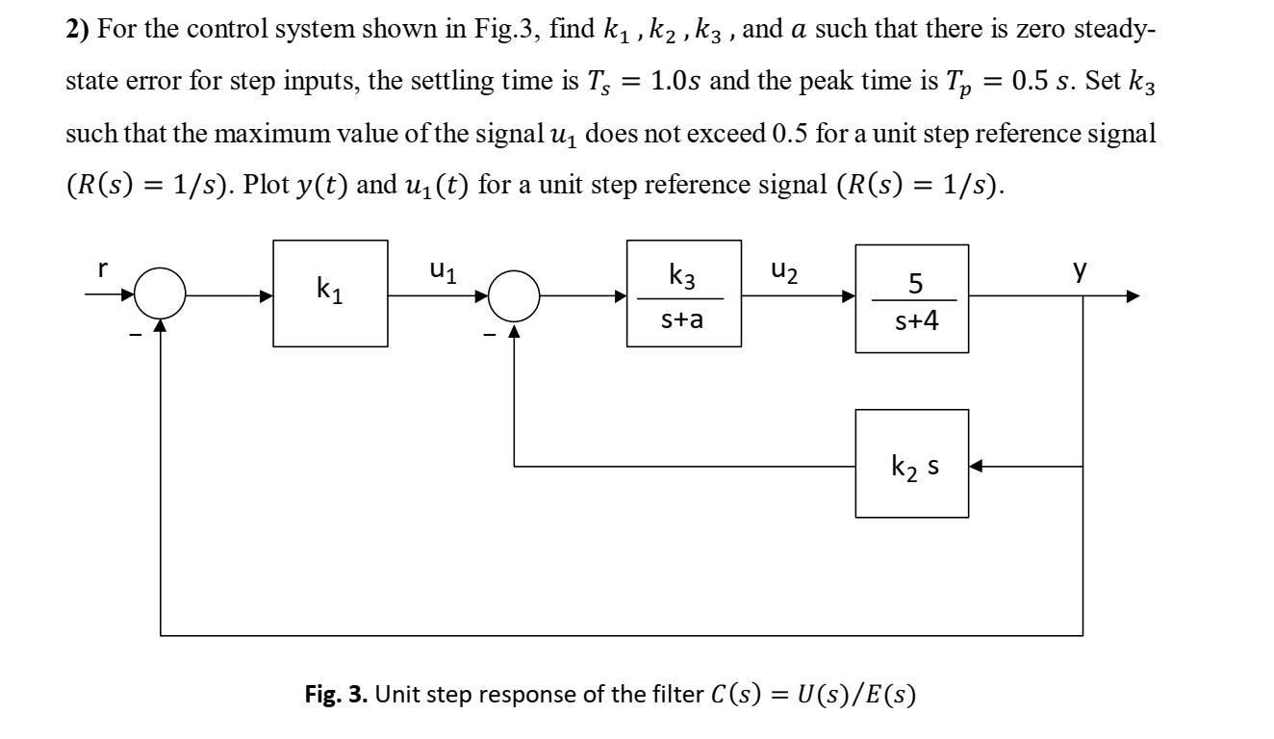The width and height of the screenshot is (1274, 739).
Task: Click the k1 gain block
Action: tap(330, 293)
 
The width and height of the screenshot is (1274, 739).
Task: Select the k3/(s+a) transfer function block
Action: tap(683, 293)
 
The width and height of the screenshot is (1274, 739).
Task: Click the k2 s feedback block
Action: tap(912, 464)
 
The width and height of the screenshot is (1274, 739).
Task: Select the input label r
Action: tap(102, 271)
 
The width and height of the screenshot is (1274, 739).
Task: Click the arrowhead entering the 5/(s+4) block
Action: tap(849, 297)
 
